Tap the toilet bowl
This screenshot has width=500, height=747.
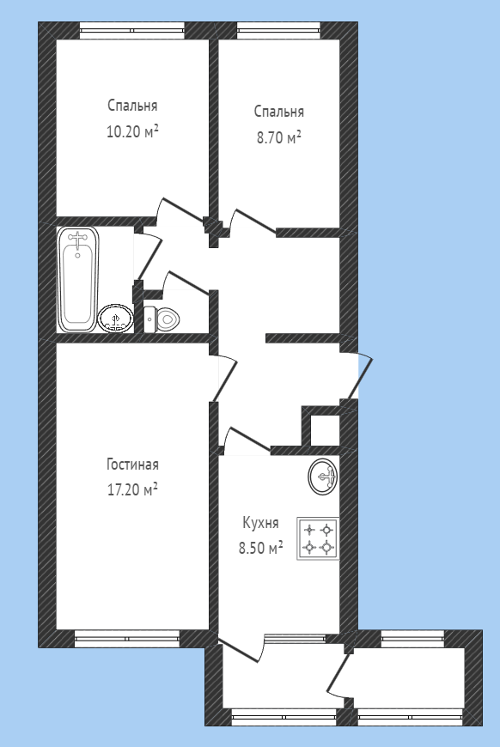[x=162, y=319]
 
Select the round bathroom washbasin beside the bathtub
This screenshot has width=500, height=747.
[x=115, y=319]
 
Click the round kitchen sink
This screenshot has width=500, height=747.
[x=323, y=477]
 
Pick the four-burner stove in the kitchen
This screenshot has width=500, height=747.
[x=318, y=538]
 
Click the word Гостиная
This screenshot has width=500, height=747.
[x=132, y=465]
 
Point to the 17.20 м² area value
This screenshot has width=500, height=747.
[x=132, y=489]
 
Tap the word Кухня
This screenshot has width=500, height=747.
[x=260, y=523]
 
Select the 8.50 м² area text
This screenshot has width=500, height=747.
[x=260, y=548]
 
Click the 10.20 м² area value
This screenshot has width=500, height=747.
[x=132, y=131]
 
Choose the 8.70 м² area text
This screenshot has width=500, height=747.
[x=279, y=137]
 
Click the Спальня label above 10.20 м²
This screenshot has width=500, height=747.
[x=132, y=106]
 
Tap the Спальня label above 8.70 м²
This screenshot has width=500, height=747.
[x=279, y=112]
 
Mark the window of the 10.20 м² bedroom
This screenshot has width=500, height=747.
[x=132, y=31]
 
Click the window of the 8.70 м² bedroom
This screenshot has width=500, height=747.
[x=279, y=31]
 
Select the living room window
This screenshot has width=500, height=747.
[x=127, y=638]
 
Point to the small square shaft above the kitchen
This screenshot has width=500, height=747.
[x=325, y=429]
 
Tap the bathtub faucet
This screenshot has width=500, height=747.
[x=77, y=238]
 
